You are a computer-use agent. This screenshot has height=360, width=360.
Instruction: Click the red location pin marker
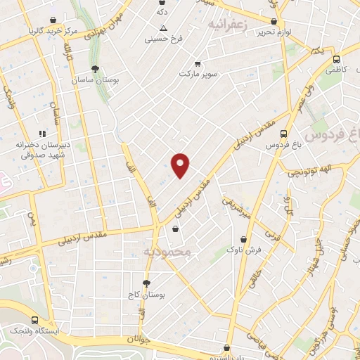pos(181,165)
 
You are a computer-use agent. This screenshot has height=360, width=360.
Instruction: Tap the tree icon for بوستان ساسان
pos(95,69)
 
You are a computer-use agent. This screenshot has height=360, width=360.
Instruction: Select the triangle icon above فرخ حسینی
pos(163,28)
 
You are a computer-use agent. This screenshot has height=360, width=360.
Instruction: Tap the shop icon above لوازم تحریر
pos(274,22)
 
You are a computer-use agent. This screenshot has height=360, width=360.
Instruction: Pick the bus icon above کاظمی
pos(336,59)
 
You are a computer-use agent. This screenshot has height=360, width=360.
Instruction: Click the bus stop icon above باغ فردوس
pos(283,134)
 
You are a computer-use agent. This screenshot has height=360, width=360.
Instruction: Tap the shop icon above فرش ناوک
pos(243,239)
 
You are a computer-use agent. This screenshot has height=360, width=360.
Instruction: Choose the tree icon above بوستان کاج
pos(146,283)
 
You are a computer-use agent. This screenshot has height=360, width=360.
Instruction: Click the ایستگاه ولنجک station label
pos(34,330)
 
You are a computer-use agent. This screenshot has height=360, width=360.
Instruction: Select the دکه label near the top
pos(162,12)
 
